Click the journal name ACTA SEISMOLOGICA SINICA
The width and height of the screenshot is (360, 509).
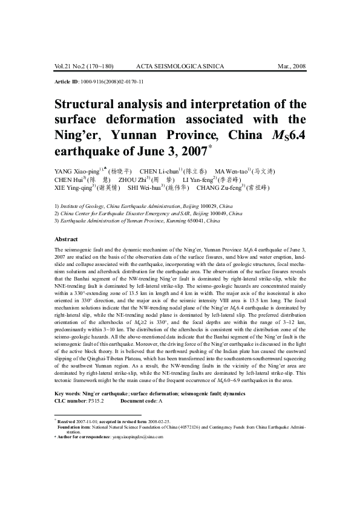click(180, 66)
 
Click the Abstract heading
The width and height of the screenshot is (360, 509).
click(67, 239)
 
